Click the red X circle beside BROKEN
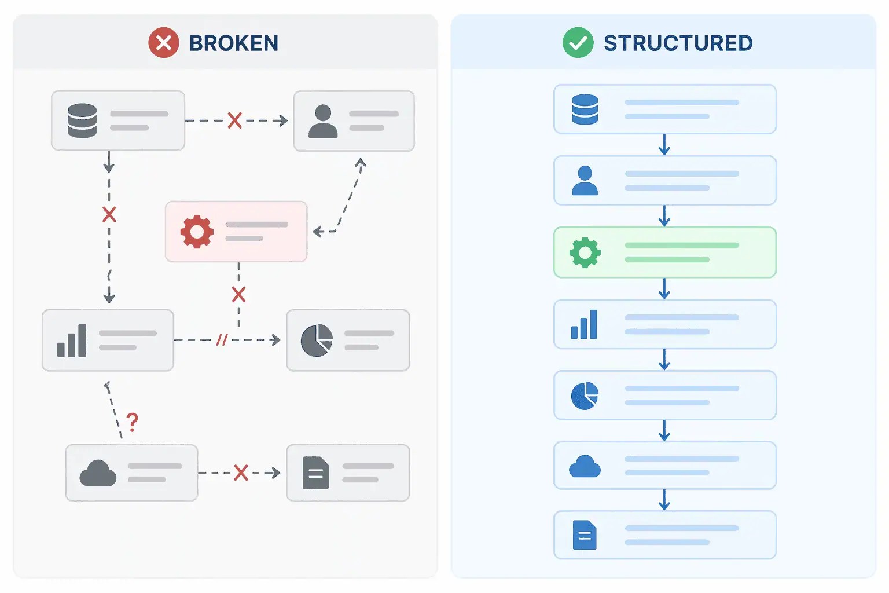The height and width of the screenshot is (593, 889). (164, 43)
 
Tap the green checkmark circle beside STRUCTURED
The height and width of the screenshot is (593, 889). (578, 43)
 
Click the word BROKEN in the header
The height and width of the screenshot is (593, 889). (234, 43)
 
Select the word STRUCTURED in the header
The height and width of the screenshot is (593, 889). (678, 43)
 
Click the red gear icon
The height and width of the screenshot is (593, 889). (197, 232)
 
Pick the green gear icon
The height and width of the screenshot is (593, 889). (585, 252)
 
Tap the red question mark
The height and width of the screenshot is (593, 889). (133, 422)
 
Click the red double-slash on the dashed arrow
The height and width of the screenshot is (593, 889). (222, 340)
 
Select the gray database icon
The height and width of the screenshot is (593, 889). (82, 120)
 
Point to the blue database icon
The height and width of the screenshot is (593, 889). (585, 109)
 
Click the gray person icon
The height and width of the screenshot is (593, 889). (323, 121)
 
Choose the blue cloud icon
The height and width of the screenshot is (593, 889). (585, 466)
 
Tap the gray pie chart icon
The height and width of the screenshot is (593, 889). (317, 341)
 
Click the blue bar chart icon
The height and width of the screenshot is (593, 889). (584, 324)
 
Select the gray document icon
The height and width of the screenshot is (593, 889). (315, 473)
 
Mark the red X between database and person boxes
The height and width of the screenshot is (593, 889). (234, 120)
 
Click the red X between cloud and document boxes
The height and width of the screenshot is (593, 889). (241, 473)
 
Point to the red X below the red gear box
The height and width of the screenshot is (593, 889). (238, 294)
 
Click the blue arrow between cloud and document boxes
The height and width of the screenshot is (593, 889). (664, 500)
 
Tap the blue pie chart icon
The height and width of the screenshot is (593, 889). (585, 396)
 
